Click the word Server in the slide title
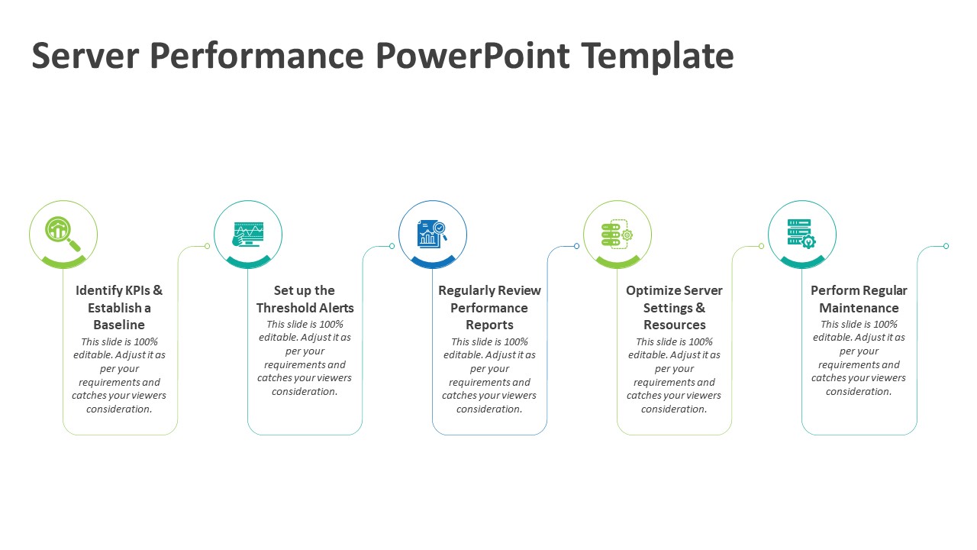pos(85,56)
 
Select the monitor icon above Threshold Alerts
pos(248,234)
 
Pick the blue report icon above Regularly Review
pos(432,233)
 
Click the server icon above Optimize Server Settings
pos(617,233)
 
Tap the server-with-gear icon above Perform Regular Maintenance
pos(801,233)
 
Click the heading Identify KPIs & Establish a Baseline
pos(119,308)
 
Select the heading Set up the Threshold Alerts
pos(305,299)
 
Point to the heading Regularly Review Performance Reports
pos(489,308)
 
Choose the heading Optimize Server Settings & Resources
pos(674,308)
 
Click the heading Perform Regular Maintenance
pos(859,299)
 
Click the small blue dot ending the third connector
pos(577,246)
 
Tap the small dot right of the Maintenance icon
pos(946,246)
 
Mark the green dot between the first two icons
pos(208,246)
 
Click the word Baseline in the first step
pos(119,325)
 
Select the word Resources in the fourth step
pos(674,325)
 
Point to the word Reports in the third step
pos(489,325)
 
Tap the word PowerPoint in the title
pos(472,56)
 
